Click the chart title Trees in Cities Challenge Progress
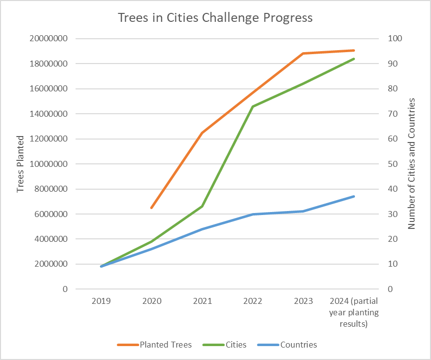[x=215, y=18]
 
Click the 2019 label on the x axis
[x=101, y=301]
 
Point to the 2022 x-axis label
[x=253, y=301]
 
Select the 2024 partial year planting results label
[x=353, y=312]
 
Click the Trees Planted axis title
[x=20, y=164]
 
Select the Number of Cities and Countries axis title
[x=411, y=164]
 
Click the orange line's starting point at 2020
[x=152, y=208]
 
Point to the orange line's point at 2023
[x=303, y=53]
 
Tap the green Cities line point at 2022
[x=253, y=107]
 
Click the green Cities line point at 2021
[x=202, y=207]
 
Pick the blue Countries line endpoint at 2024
[x=353, y=197]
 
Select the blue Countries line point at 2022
[x=253, y=214]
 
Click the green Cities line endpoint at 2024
[x=353, y=59]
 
